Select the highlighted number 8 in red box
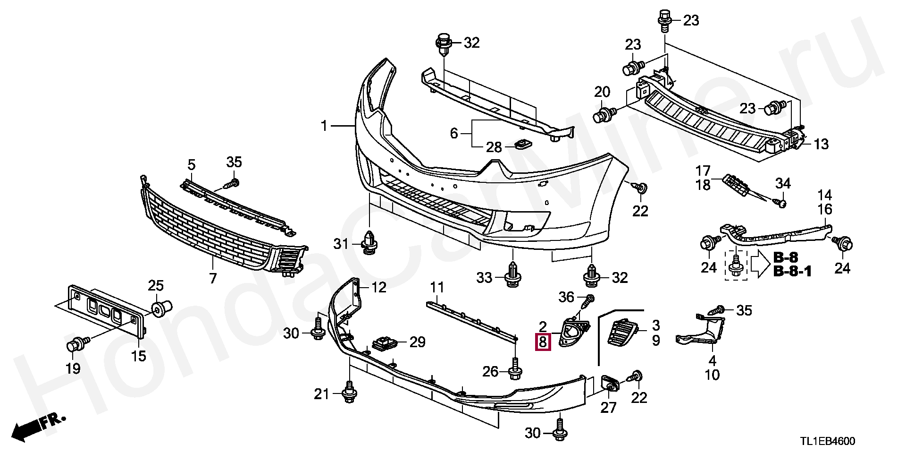(543, 342)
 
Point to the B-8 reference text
(785, 258)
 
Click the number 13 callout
(821, 144)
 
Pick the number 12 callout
(378, 287)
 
